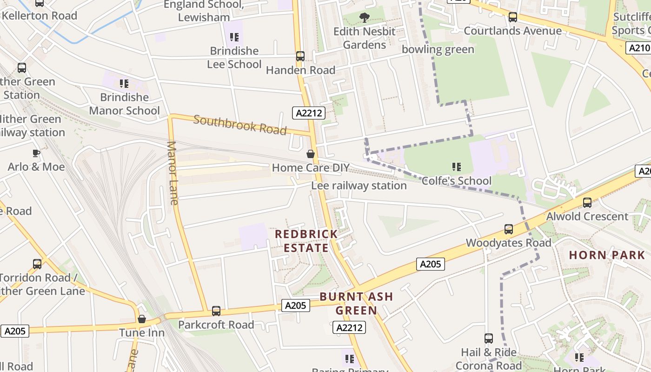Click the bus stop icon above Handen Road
(300, 56)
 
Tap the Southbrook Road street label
(240, 125)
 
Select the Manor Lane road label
(173, 173)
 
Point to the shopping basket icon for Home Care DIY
(311, 154)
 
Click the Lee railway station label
(359, 186)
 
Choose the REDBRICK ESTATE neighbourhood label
(306, 241)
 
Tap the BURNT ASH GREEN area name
(356, 303)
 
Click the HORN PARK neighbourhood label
(607, 255)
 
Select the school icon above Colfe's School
(457, 166)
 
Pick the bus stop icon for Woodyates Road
(509, 229)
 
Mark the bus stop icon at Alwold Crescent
(587, 203)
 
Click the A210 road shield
(638, 48)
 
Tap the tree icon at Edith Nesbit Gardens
(365, 18)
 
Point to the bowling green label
(438, 49)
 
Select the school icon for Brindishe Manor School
(124, 84)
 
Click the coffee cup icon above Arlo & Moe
(36, 153)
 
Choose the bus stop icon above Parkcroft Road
(216, 311)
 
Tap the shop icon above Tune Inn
(142, 319)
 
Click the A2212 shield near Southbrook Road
(309, 113)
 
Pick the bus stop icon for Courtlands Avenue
(513, 17)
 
